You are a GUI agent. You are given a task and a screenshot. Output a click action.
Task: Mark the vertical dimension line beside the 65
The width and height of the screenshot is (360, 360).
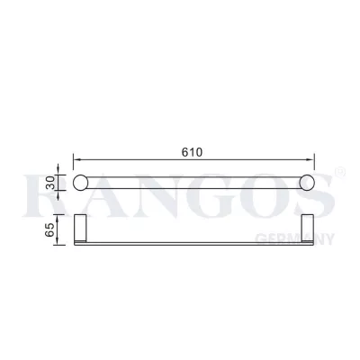[x=72, y=231]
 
